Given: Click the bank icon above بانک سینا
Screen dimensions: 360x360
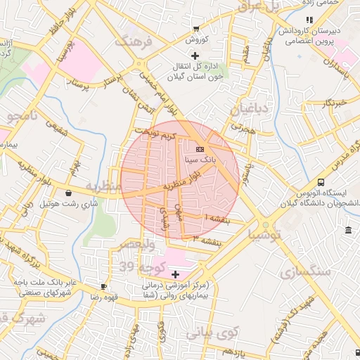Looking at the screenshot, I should tap(199, 150).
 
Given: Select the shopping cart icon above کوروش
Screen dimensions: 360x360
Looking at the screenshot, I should tap(195, 29).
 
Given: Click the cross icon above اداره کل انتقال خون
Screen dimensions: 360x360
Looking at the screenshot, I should tap(195, 55).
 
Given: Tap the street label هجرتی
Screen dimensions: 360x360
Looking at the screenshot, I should tap(241, 129).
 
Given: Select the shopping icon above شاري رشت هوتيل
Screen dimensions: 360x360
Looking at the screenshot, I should tap(68, 193).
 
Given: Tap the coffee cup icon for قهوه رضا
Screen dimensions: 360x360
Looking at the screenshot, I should tap(104, 287).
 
